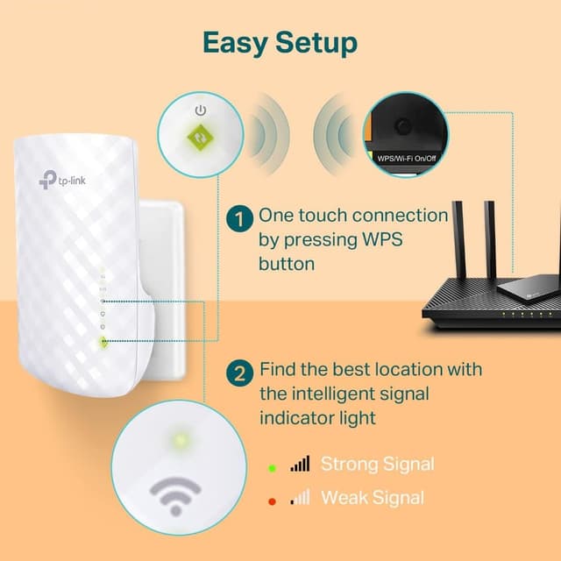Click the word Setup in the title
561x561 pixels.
click(318, 42)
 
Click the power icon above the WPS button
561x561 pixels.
click(202, 110)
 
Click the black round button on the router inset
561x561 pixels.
click(402, 126)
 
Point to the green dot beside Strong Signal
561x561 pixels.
click(272, 466)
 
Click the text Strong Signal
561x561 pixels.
click(377, 464)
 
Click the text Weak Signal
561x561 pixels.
click(373, 498)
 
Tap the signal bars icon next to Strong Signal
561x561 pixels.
click(300, 464)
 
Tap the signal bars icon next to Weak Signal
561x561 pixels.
click(300, 497)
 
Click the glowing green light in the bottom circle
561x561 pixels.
click(180, 438)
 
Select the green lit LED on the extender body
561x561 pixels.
click(103, 343)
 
